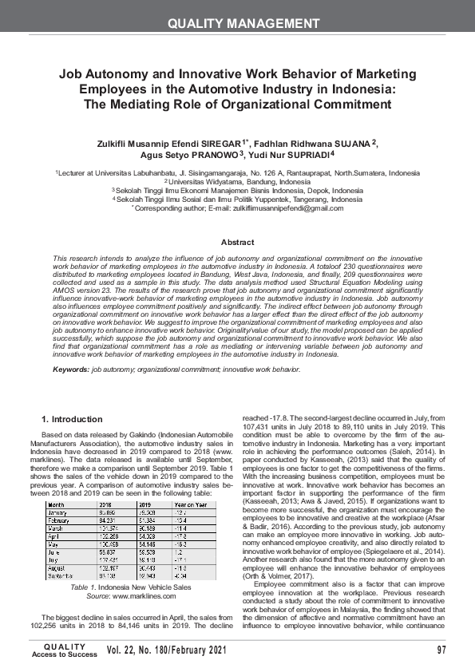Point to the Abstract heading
[x=237, y=242]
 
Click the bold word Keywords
[x=70, y=370]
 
